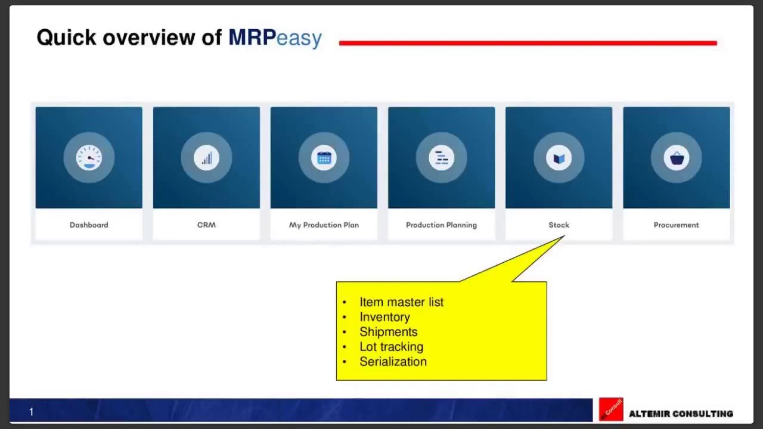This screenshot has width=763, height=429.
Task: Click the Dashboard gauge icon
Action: [89, 158]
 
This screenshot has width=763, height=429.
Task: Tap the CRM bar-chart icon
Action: [206, 158]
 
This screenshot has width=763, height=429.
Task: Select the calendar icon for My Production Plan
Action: [324, 158]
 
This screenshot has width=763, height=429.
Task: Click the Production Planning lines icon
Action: [441, 158]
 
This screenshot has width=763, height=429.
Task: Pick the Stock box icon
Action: [559, 158]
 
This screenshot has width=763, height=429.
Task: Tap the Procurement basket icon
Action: [676, 158]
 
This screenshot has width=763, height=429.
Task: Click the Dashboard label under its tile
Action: [89, 225]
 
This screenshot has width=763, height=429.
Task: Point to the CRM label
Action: [206, 225]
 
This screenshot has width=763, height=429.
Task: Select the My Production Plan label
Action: [324, 225]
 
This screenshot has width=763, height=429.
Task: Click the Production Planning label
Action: [441, 225]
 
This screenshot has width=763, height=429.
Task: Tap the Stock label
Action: [559, 225]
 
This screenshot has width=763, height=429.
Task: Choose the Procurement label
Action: [676, 225]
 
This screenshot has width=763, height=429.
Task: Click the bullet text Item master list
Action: [401, 302]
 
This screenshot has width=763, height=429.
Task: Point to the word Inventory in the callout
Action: [384, 317]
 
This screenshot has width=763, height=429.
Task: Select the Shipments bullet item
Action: [388, 332]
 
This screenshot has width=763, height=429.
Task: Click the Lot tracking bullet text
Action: [391, 347]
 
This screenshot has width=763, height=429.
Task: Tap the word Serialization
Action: [393, 362]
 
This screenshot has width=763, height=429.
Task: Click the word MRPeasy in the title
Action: [275, 38]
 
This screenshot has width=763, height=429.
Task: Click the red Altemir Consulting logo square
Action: [611, 409]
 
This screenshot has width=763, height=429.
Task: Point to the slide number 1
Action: [31, 412]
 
